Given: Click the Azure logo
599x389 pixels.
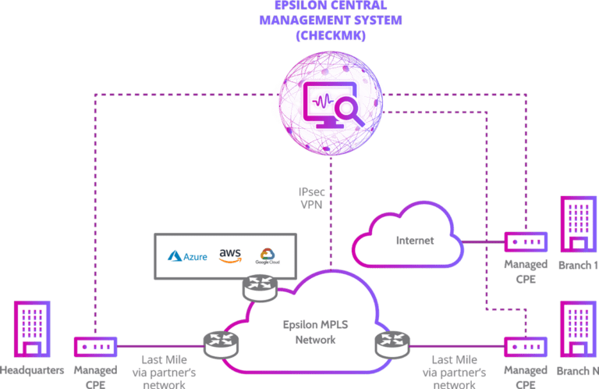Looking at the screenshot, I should tap(188, 256).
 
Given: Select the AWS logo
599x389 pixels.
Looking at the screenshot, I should tap(230, 255).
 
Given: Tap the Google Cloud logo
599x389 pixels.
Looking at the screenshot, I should tap(267, 256).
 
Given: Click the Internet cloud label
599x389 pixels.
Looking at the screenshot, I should tap(415, 241).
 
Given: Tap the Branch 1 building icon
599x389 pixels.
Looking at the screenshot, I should tap(578, 225).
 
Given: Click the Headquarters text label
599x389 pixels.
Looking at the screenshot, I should tap(32, 370).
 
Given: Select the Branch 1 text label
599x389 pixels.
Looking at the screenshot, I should tap(578, 265).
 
